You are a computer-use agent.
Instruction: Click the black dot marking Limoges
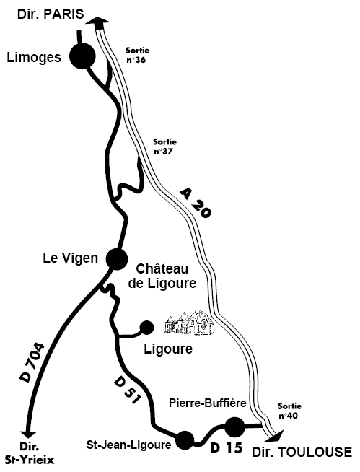[82, 56]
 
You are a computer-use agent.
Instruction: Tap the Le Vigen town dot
[117, 259]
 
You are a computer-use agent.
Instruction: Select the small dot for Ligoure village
[147, 328]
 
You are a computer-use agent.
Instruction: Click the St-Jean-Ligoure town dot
[185, 440]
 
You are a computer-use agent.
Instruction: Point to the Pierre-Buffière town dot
[234, 427]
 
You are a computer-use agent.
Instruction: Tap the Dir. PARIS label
[51, 14]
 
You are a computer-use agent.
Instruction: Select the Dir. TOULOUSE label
[302, 452]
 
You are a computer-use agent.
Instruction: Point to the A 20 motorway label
[196, 203]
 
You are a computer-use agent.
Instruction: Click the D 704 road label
[32, 362]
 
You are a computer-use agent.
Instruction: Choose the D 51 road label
[128, 390]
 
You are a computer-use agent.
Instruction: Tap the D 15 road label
[227, 448]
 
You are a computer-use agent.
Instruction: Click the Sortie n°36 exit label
[137, 55]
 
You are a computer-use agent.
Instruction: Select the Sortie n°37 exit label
[164, 146]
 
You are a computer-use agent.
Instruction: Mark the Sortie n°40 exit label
[289, 411]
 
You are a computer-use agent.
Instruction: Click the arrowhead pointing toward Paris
[98, 21]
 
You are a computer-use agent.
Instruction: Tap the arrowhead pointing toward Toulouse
[276, 435]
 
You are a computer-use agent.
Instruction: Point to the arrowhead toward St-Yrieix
[29, 434]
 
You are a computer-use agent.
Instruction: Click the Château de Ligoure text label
[162, 276]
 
